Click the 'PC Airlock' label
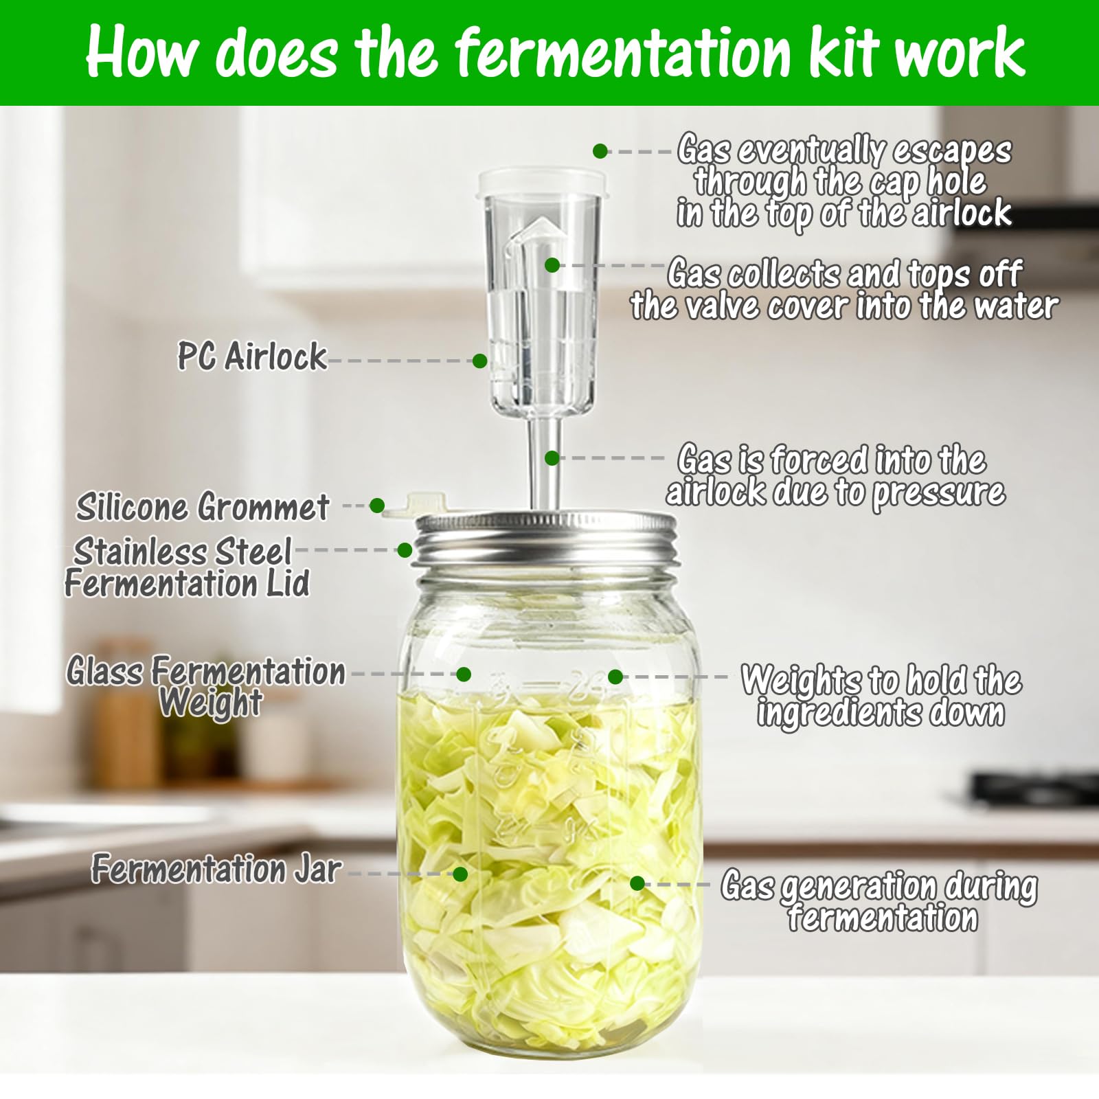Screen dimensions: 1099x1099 click(251, 356)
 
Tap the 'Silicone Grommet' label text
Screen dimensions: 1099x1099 click(203, 508)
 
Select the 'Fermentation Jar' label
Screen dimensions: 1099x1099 click(216, 869)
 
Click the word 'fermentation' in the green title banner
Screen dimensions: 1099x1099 click(623, 54)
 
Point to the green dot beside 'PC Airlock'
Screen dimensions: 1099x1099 click(480, 361)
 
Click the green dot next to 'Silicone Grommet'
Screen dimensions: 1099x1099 click(377, 506)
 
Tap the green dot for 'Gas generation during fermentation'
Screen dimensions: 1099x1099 click(637, 883)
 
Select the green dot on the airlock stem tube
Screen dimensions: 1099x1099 click(552, 457)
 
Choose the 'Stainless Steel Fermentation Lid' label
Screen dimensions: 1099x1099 click(187, 568)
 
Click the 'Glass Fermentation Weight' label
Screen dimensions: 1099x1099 click(206, 686)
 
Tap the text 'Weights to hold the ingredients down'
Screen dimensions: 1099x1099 click(881, 696)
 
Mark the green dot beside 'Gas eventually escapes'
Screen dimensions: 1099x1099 click(600, 151)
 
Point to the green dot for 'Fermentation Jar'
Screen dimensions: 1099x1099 click(460, 874)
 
